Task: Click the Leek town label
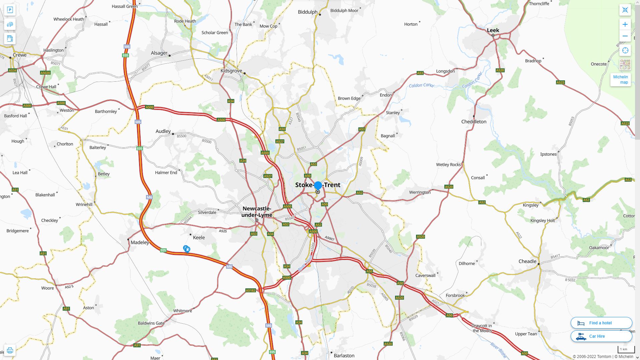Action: (493, 30)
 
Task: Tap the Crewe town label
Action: (19, 55)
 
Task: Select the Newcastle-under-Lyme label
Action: (257, 212)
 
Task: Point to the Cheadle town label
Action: (527, 261)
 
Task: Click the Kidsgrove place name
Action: (231, 71)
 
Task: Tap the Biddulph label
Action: (307, 12)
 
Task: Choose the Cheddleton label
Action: (474, 122)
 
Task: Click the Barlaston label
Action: (344, 356)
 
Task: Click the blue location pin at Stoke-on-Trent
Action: (318, 185)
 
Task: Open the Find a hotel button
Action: (601, 323)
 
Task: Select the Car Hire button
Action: (601, 336)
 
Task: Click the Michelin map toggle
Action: (620, 80)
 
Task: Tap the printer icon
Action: (10, 350)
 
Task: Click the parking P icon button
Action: (10, 10)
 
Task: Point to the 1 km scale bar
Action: (626, 349)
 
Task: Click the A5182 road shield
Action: (250, 291)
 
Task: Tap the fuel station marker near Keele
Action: (187, 249)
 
